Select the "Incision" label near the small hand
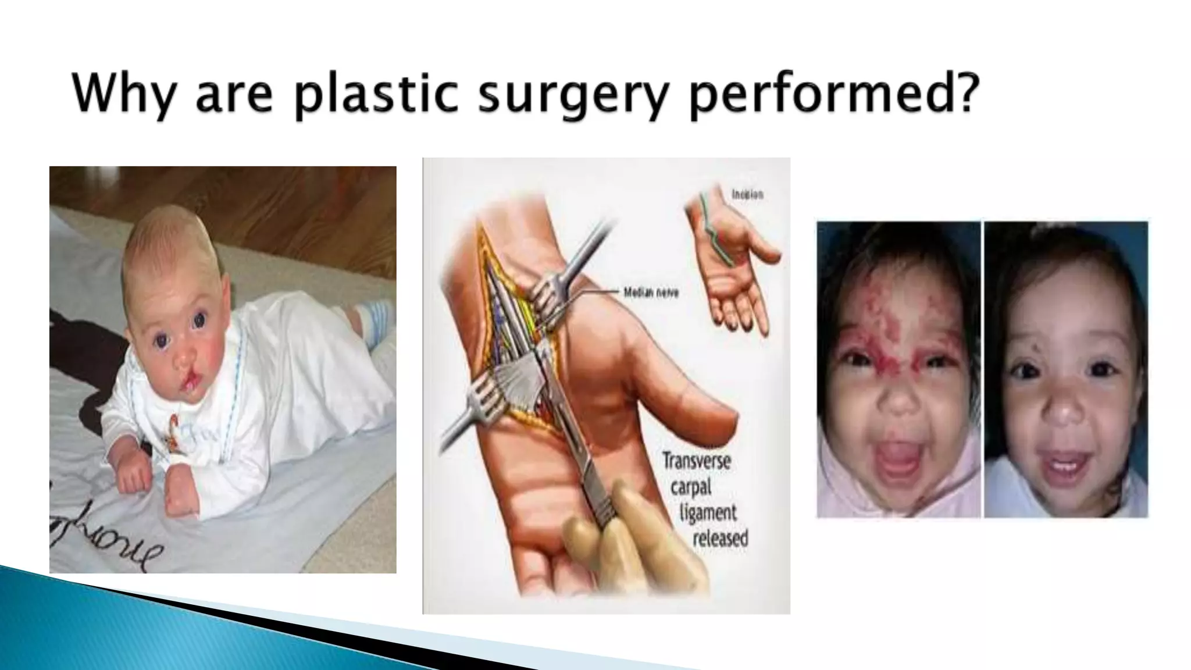click(x=747, y=195)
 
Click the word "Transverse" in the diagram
click(x=696, y=462)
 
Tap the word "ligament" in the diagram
click(x=708, y=512)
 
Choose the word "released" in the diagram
click(x=719, y=538)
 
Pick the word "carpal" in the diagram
click(x=691, y=487)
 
